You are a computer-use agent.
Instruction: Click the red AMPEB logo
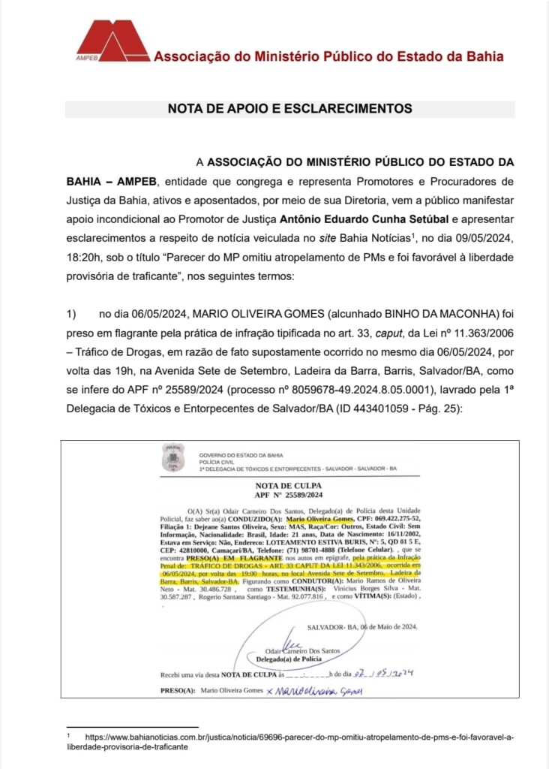[112, 40]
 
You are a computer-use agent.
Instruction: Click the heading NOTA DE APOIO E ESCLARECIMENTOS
[289, 108]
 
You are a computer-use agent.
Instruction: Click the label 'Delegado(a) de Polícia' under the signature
[289, 659]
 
